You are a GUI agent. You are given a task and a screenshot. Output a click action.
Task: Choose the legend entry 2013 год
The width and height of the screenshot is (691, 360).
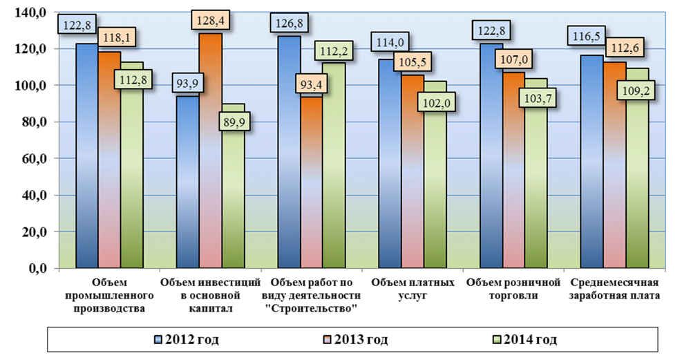click(358, 339)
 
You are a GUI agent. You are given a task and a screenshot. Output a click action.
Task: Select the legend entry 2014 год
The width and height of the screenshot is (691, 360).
click(531, 339)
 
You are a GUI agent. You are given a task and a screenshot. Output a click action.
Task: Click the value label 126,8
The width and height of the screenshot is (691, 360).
click(290, 24)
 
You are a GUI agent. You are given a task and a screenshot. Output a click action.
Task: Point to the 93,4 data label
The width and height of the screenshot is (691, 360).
click(310, 85)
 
